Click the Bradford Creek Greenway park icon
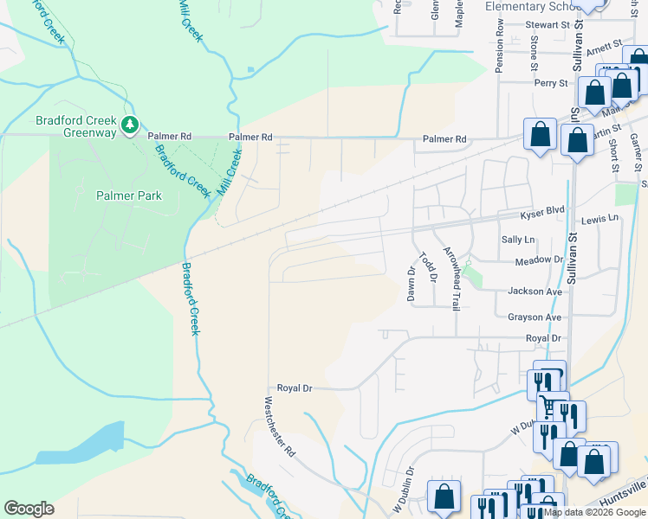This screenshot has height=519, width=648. tap(129, 126)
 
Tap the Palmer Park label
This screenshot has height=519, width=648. tap(128, 196)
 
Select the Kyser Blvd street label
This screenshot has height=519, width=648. tap(541, 213)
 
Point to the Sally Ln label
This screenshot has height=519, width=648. tap(518, 240)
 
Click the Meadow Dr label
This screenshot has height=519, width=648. tap(538, 260)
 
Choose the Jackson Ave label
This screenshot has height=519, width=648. tap(535, 292)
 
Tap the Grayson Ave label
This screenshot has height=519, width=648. tap(535, 317)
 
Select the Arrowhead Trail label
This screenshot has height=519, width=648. tap(450, 278)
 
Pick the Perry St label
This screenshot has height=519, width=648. tap(550, 84)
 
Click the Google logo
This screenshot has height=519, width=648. tap(29, 509)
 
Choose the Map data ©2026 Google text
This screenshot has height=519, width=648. tap(593, 512)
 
